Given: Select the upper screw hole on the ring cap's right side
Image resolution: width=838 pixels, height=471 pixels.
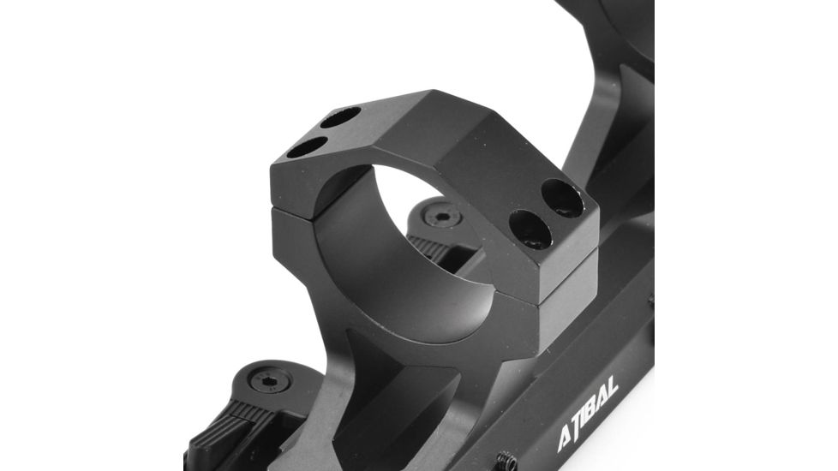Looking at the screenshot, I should click(562, 197).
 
